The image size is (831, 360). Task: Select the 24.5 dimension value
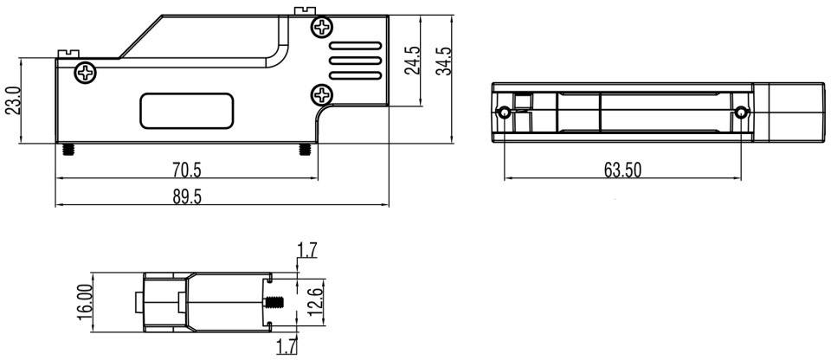click(413, 61)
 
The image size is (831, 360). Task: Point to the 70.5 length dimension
click(187, 170)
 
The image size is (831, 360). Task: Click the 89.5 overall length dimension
click(187, 196)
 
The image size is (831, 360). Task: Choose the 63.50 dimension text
click(622, 170)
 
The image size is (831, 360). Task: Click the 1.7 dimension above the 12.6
click(307, 251)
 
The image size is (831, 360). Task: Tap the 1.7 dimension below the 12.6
click(287, 348)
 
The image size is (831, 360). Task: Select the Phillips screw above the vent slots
click(322, 28)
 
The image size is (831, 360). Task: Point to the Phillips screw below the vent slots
click(322, 93)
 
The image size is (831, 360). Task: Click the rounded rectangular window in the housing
click(187, 111)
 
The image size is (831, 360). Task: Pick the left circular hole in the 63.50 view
click(505, 112)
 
